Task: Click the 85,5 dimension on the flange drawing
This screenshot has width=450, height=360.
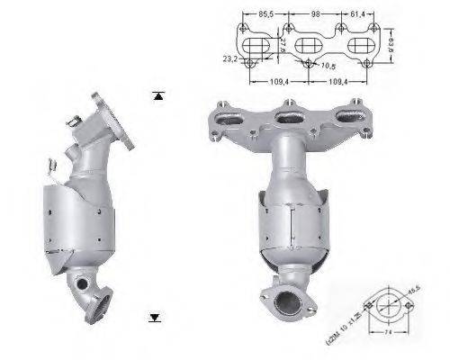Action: tap(266, 14)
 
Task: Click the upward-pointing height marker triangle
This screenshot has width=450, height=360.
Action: tap(158, 94)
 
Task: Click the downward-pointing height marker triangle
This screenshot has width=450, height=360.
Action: tap(155, 317)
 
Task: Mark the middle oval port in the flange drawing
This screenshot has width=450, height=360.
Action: tap(309, 41)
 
